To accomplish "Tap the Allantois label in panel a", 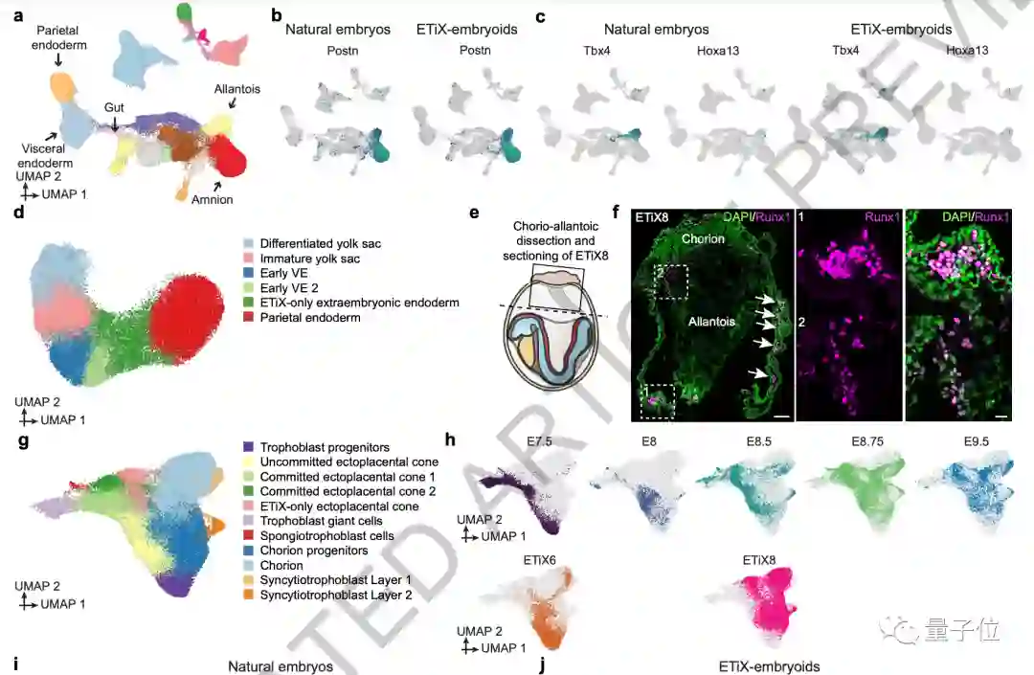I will pos(237,89).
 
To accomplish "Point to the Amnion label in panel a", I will pos(212,199).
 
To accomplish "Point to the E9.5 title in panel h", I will pos(956,442).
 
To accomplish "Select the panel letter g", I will pos(20,440).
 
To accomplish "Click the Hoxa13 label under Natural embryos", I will pos(717,50).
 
